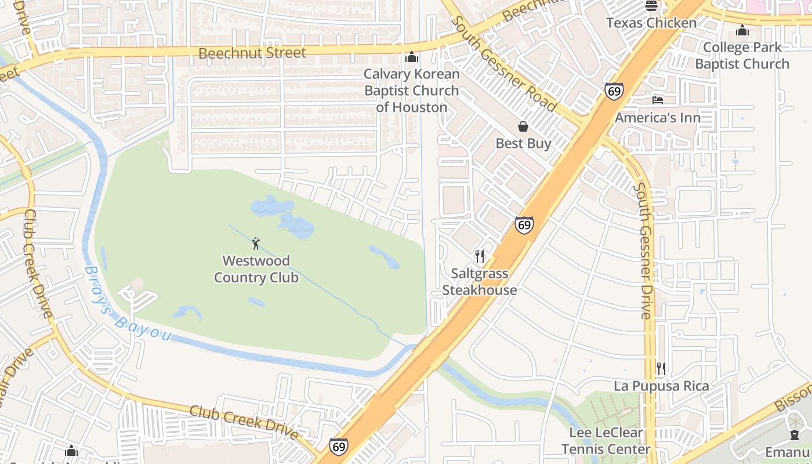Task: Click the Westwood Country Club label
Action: (256, 269)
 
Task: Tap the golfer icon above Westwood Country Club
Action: (256, 244)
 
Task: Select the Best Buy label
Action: (523, 143)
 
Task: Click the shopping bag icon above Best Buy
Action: (523, 126)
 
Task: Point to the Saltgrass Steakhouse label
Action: (480, 282)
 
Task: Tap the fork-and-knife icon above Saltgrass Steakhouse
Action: (480, 256)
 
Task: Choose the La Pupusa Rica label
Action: (661, 386)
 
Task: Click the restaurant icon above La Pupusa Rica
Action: (661, 368)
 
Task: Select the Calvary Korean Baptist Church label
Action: (412, 90)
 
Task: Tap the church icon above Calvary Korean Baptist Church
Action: (412, 57)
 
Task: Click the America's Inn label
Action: (658, 118)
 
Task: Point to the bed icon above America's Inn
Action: (657, 100)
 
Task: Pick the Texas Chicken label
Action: (651, 23)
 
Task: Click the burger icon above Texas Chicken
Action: (651, 6)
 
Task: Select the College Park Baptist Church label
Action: (742, 56)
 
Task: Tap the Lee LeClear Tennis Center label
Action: (606, 441)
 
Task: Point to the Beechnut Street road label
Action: (252, 53)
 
